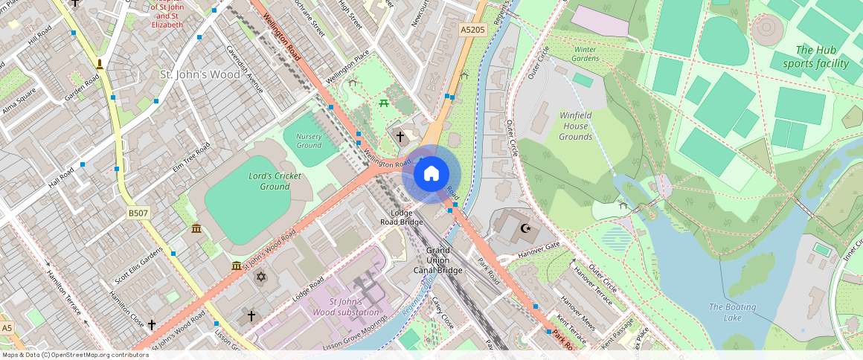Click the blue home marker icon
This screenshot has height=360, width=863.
coord(431,174)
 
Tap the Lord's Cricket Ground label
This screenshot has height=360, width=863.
coord(275,181)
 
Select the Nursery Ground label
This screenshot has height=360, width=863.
coord(309,141)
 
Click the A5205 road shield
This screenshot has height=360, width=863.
coord(472,29)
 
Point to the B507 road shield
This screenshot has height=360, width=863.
coord(137,213)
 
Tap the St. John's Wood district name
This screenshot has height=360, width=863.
coord(200,74)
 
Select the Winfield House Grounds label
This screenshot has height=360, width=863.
coord(575,126)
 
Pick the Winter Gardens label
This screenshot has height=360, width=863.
coord(586,54)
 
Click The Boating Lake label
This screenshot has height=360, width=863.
coord(732,312)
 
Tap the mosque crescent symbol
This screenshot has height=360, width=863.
coord(527,228)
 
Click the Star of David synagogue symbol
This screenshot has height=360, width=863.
coord(260,277)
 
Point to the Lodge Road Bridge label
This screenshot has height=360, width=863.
coord(402,217)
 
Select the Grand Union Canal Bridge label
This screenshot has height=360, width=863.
coord(438,260)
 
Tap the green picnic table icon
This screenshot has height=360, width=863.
coord(385,103)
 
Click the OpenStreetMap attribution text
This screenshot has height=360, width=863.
coord(74,355)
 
